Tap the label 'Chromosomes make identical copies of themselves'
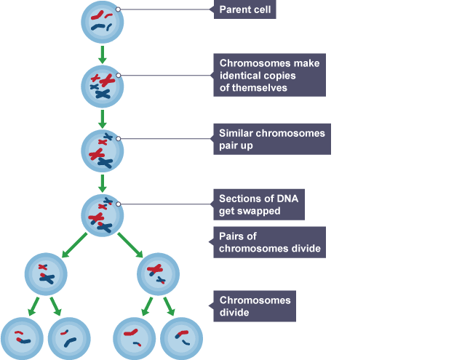(x=270, y=75)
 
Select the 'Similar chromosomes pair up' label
(x=272, y=140)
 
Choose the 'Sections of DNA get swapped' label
(x=260, y=204)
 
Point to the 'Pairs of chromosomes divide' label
(x=270, y=242)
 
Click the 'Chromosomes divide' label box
(x=255, y=306)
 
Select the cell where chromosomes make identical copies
(x=103, y=85)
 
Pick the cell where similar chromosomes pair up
(x=103, y=148)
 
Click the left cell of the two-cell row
(x=47, y=274)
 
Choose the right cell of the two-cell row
(x=159, y=274)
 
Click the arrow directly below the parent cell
(x=103, y=54)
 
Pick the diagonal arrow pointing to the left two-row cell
(x=75, y=244)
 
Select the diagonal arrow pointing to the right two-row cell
(x=131, y=244)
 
